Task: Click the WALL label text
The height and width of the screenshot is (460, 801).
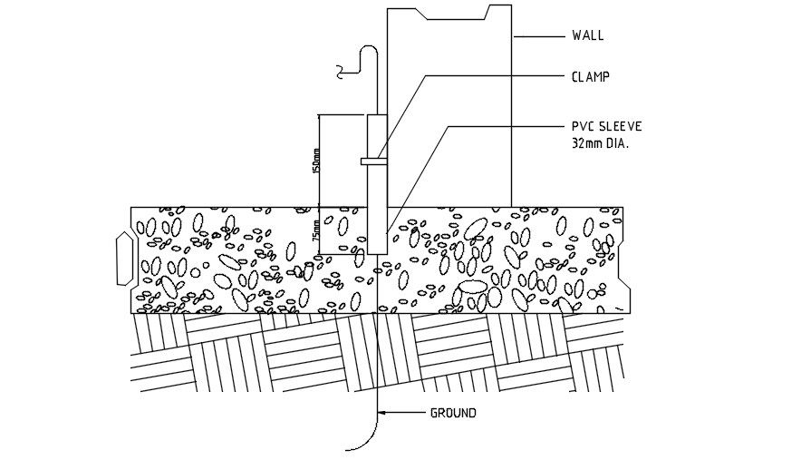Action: point(587,36)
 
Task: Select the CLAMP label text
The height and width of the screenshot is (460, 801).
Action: point(590,76)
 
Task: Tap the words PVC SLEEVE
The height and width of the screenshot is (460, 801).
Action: point(606,126)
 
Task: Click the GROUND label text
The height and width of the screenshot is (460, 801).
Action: point(453,414)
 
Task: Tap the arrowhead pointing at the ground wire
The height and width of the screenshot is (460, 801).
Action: point(382,414)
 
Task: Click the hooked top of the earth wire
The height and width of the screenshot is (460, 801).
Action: point(367,50)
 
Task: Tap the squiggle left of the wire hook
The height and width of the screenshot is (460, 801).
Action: point(342,69)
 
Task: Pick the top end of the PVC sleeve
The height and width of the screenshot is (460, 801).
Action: point(376,116)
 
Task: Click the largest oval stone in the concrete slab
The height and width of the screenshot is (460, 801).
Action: point(474,289)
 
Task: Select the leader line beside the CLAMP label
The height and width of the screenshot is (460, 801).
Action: point(480,76)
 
